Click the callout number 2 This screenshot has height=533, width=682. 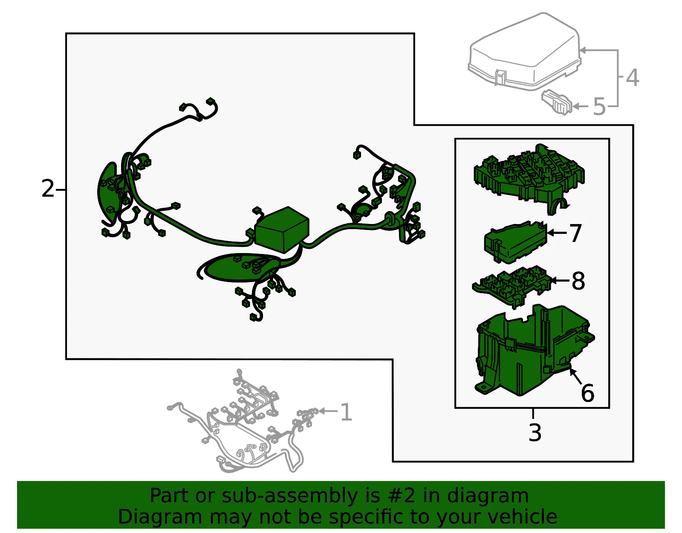[x=48, y=189]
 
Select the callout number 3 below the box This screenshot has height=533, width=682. [x=535, y=432]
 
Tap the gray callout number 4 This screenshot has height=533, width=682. [x=633, y=78]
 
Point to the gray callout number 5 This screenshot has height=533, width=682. [x=599, y=107]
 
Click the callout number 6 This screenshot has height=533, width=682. [x=587, y=393]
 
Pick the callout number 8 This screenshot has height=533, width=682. [x=578, y=281]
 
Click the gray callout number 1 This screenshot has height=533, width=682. [x=346, y=412]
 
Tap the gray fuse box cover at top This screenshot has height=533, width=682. [x=524, y=52]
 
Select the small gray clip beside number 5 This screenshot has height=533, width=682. [x=557, y=102]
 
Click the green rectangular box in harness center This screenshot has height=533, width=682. [x=282, y=229]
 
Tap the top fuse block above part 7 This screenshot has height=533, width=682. [x=529, y=178]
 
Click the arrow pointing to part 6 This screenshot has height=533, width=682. [x=575, y=376]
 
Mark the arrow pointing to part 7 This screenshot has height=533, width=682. [x=558, y=233]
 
